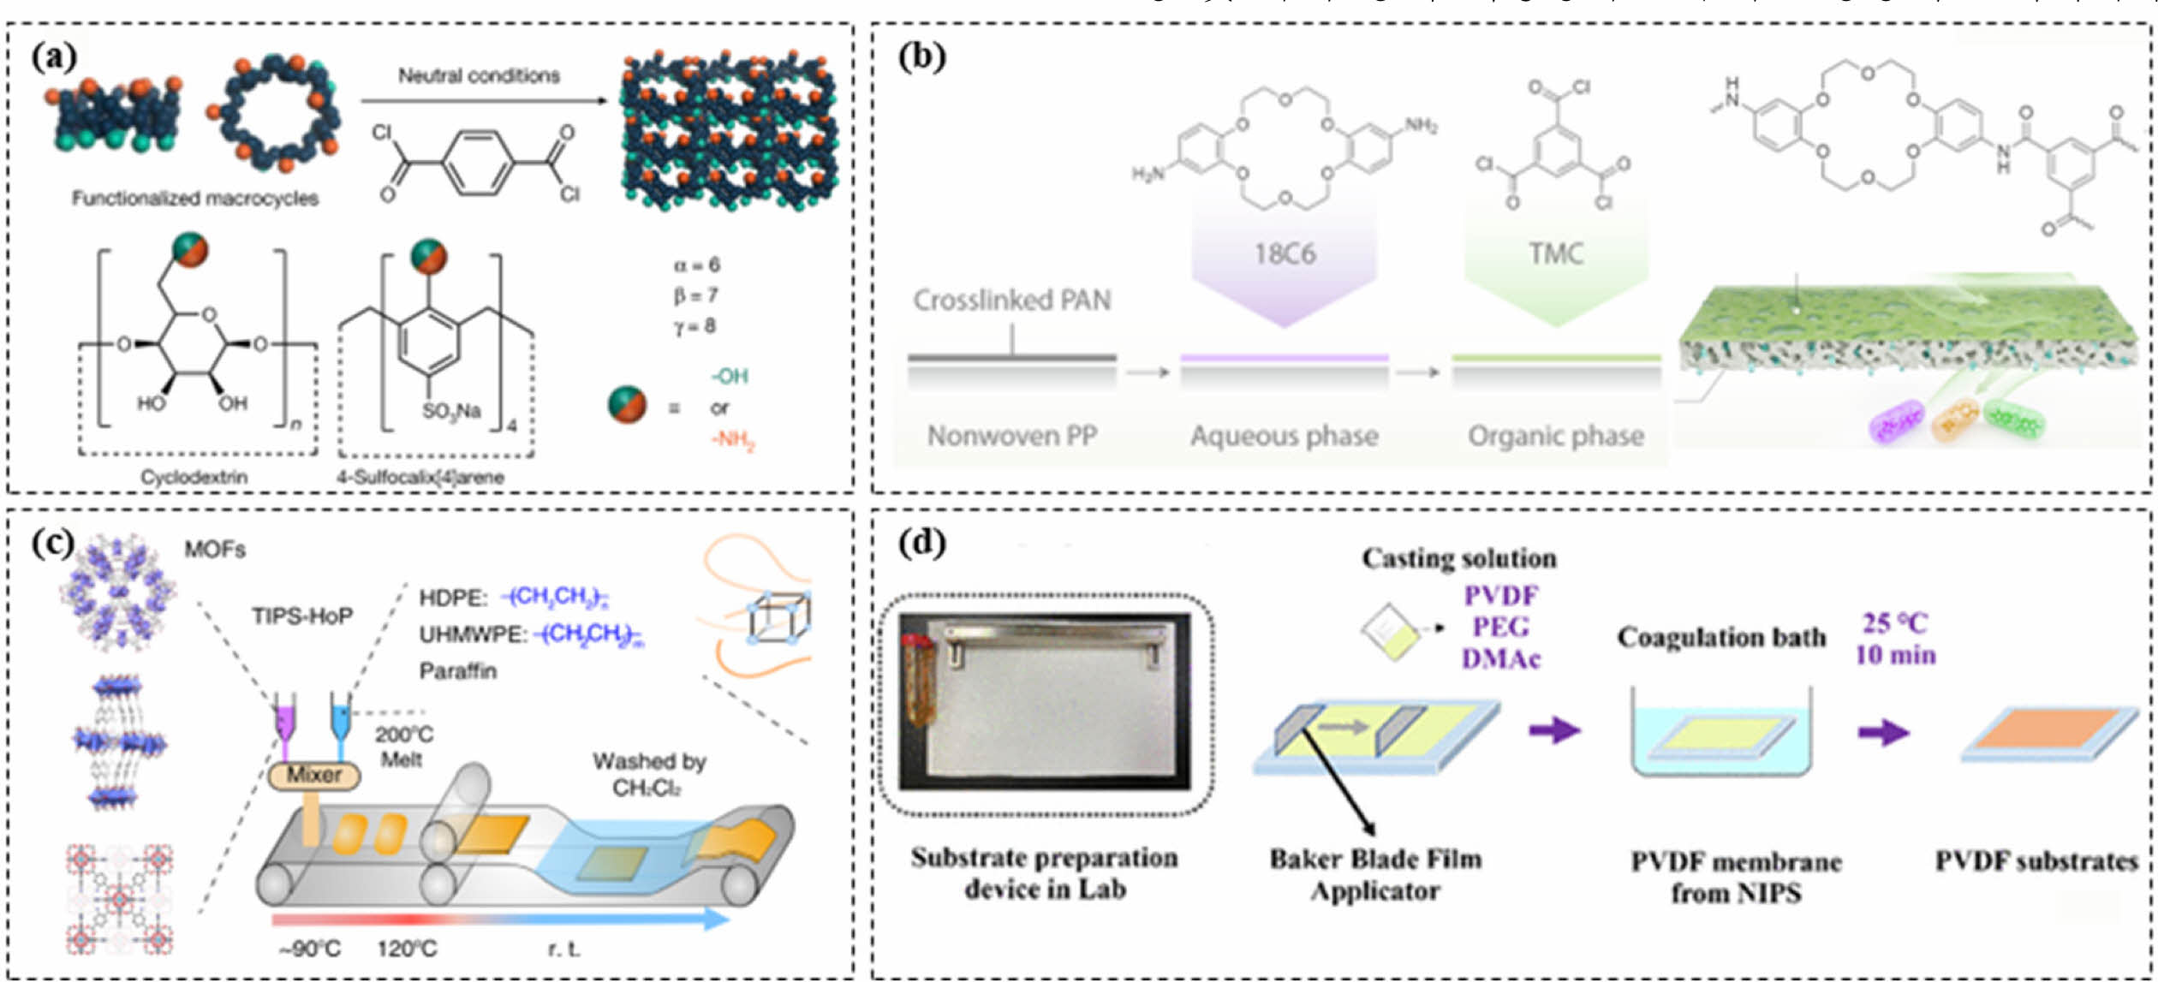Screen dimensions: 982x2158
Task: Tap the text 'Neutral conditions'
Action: [479, 76]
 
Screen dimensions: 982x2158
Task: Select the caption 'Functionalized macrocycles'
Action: [194, 199]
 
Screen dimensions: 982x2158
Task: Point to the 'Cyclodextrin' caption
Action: [194, 477]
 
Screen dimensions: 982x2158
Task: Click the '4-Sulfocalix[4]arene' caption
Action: [420, 477]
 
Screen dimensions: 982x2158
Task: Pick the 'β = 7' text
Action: [694, 295]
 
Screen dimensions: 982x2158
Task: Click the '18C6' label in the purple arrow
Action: [1285, 254]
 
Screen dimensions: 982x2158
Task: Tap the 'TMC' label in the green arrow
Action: [1556, 253]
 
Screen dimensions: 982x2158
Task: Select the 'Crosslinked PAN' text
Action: [1012, 300]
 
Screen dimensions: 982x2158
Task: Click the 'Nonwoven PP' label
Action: [1012, 436]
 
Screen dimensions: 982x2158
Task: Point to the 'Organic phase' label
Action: [1556, 436]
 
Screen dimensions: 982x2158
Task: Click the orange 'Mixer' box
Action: [313, 776]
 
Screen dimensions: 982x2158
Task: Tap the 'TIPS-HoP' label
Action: [301, 616]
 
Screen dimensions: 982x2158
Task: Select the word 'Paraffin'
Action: [457, 670]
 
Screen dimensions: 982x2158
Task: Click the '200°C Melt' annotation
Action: [403, 747]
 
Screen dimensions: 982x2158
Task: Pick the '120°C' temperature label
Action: [407, 949]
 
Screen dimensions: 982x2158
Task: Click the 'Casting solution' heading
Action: [1459, 558]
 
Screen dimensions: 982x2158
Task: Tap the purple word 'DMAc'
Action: [1500, 658]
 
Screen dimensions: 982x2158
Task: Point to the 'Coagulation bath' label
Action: [1721, 638]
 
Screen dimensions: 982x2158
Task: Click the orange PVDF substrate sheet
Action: [2047, 729]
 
